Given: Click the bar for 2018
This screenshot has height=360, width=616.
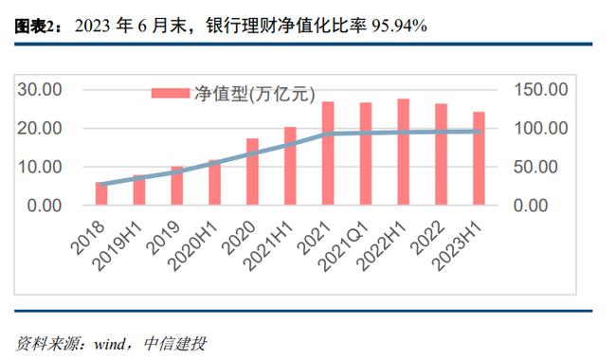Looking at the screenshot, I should (x=101, y=193).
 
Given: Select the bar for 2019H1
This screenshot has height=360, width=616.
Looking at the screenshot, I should (x=139, y=189).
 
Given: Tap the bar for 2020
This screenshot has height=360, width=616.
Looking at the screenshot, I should (x=252, y=171).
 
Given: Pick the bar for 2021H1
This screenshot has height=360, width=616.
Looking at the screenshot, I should (x=290, y=166).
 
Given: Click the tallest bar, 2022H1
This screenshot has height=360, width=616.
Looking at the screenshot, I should (x=403, y=152).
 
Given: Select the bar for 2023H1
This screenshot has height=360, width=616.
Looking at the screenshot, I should (x=479, y=158).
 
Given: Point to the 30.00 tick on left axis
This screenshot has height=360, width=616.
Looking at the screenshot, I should (x=40, y=89).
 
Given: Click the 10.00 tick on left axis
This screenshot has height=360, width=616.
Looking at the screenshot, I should (x=40, y=167).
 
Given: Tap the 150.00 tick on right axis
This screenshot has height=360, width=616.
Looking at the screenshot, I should (x=540, y=89).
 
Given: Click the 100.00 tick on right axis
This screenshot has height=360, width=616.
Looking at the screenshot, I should (x=540, y=128).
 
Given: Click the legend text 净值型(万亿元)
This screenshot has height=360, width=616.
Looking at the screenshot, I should (x=252, y=93).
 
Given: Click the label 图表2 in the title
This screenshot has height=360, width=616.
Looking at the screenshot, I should (x=36, y=26).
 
